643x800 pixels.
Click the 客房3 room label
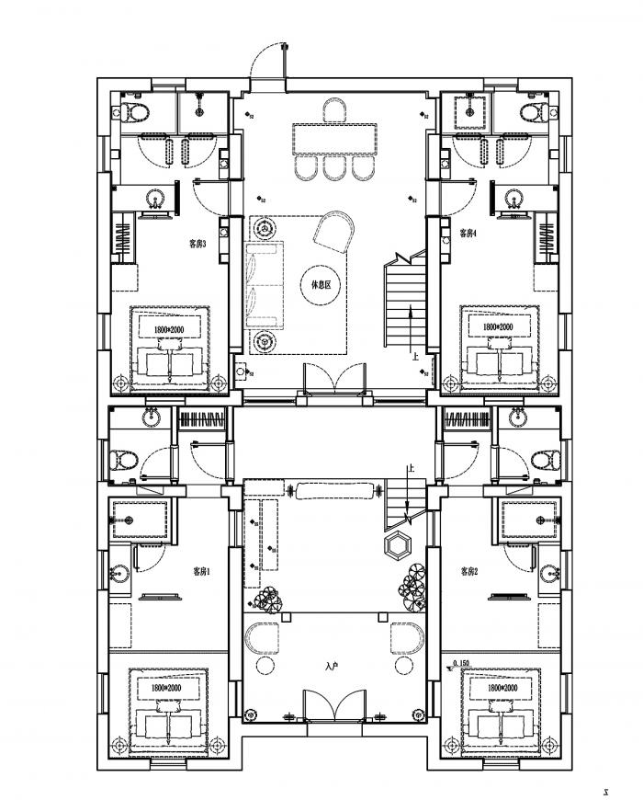coord(197,244)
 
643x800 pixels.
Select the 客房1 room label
coord(201,571)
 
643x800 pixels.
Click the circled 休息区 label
coord(320,285)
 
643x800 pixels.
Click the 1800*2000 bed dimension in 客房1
coord(161,687)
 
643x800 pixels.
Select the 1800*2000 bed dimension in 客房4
coord(498,326)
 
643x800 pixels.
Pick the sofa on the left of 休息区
coord(265,285)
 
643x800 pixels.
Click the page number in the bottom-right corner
coord(605,789)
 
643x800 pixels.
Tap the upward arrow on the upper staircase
coord(411,324)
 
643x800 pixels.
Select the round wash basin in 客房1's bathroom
coord(117,572)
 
